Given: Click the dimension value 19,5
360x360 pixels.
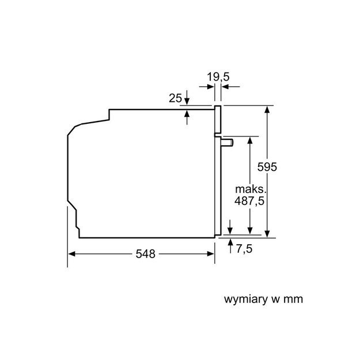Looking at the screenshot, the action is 218,77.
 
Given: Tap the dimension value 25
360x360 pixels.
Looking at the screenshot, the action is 175,98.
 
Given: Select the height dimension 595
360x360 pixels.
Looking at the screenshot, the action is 267,167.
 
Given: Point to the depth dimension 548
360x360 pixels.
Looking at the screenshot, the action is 145,254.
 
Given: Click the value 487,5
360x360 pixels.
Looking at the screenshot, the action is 249,201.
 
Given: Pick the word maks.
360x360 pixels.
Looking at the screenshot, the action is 251,190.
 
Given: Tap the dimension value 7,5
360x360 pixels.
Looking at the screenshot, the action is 244,249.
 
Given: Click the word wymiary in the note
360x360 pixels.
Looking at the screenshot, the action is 245,300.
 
